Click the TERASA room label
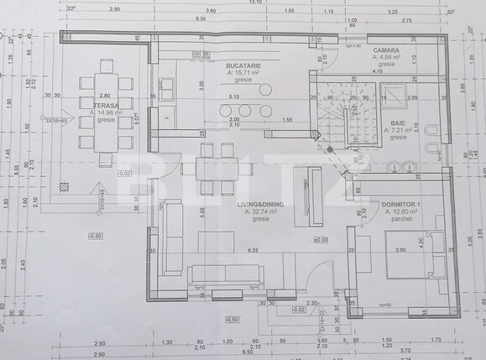point(104,104)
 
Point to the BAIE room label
point(397,123)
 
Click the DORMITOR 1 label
point(401,206)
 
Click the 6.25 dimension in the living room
point(252,250)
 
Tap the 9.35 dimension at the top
point(201,17)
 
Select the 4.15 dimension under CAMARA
point(378,71)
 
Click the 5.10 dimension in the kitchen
point(233,97)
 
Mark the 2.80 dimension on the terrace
point(104,96)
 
